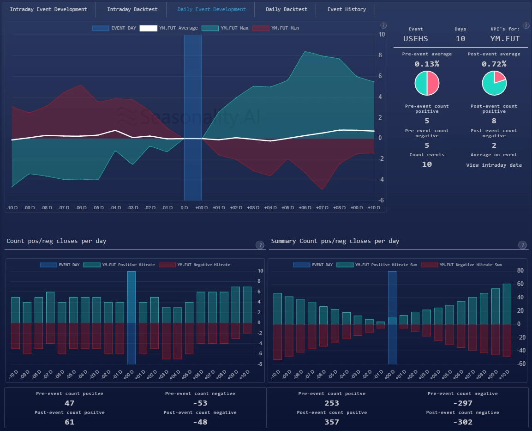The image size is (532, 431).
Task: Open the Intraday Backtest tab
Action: (x=132, y=9)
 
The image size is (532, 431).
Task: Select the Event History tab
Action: (x=347, y=9)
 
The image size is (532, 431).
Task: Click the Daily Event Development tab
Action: (x=211, y=9)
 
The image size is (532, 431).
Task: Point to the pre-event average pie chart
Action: (x=427, y=83)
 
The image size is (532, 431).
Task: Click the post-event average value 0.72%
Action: (x=494, y=64)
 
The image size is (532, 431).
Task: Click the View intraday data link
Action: (x=494, y=165)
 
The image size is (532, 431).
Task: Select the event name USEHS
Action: (x=415, y=39)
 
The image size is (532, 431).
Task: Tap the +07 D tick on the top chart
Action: (x=322, y=208)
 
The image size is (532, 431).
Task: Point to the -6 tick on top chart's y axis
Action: (x=382, y=200)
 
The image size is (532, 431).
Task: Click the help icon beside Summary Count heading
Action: (x=522, y=245)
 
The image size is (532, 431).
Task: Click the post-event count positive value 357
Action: (x=331, y=422)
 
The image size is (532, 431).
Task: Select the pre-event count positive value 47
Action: (x=69, y=403)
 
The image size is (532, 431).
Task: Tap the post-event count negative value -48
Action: (x=200, y=422)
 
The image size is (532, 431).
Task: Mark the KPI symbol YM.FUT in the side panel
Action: (x=505, y=39)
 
